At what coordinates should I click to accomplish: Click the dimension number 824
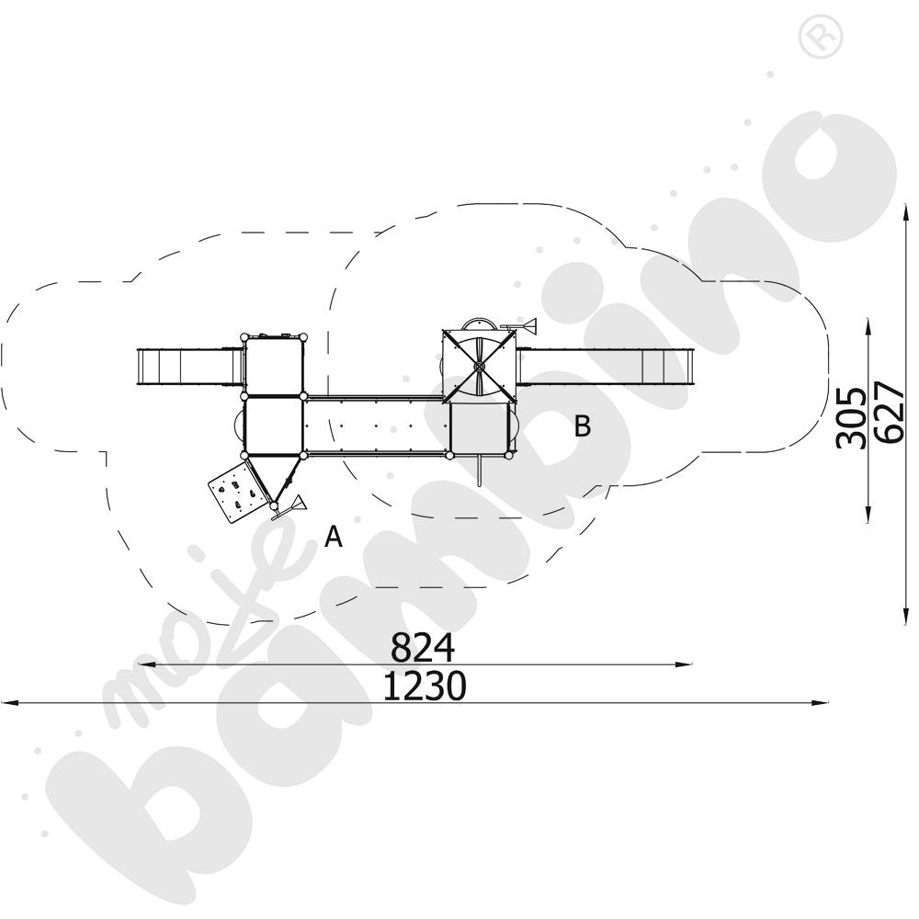coord(423,649)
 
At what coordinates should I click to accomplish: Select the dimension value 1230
coord(424,686)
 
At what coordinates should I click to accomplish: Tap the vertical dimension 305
coord(850,417)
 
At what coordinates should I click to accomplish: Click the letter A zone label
coord(334,537)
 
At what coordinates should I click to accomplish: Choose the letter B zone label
coord(582,426)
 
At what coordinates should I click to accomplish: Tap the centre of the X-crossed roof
coord(478,367)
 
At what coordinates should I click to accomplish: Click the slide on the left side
coord(187,368)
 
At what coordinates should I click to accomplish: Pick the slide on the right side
coord(606,367)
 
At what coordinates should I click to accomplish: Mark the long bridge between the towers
coord(377,425)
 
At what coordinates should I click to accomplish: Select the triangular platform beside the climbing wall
coord(274,473)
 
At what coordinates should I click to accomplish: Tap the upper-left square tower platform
coord(273,366)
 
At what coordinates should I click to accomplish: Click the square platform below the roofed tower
coord(479,429)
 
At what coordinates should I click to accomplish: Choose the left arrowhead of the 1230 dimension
coord(7,704)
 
